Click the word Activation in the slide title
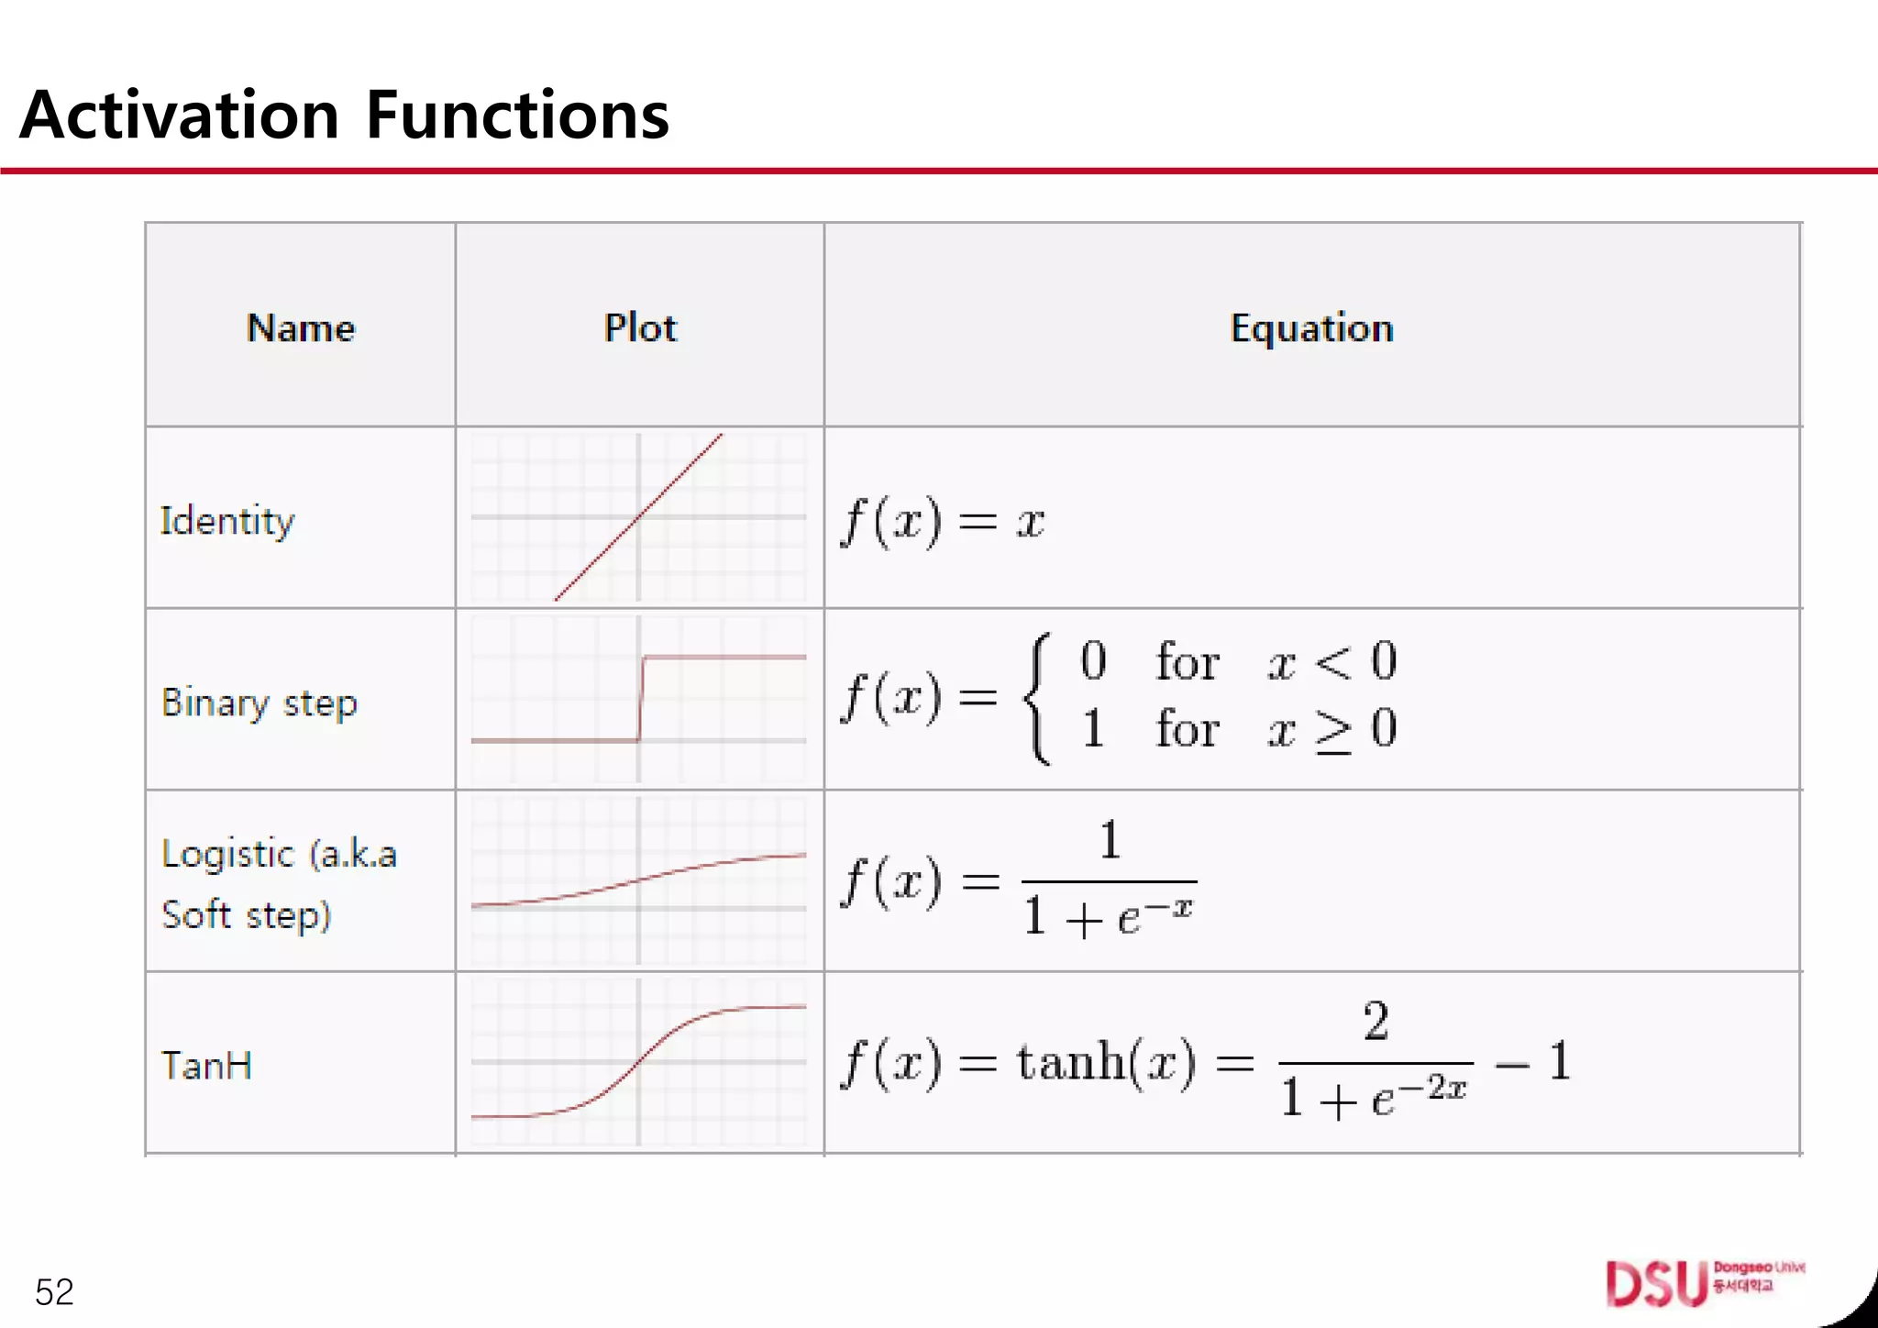click(180, 116)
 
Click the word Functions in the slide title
click(517, 116)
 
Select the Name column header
click(301, 327)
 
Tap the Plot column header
click(640, 327)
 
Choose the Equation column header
click(1311, 327)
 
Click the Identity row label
click(227, 521)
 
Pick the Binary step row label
click(260, 703)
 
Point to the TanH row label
click(207, 1066)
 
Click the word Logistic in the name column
click(228, 855)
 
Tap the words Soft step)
click(246, 915)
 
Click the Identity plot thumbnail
click(639, 517)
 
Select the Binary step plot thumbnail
click(639, 699)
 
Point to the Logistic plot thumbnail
click(639, 880)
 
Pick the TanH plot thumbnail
click(639, 1062)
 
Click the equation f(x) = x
click(943, 521)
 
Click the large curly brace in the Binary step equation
click(1038, 699)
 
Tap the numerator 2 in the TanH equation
click(1375, 1021)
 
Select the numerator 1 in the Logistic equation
click(1110, 839)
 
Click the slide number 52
click(54, 1292)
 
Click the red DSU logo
click(1656, 1284)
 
